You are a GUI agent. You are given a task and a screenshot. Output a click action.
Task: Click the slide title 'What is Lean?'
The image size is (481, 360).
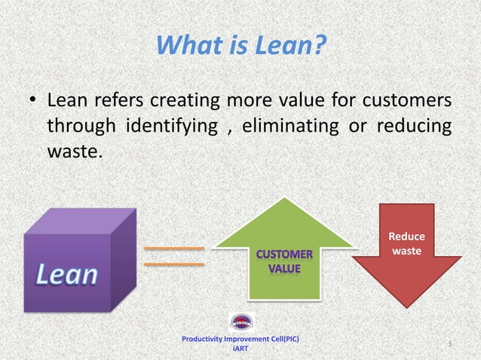click(x=240, y=46)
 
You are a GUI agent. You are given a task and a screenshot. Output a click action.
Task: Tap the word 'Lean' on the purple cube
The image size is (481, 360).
click(x=68, y=275)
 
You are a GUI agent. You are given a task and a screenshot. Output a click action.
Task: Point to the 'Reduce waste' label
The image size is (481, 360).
click(x=406, y=243)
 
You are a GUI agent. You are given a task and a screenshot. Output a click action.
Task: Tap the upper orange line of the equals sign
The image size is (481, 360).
click(x=174, y=248)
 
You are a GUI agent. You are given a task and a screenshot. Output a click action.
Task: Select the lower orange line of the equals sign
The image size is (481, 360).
click(x=174, y=264)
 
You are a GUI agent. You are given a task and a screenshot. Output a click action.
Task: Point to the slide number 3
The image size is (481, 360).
click(x=449, y=344)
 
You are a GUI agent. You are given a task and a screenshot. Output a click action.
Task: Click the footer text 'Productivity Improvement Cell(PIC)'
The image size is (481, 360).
click(x=240, y=340)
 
